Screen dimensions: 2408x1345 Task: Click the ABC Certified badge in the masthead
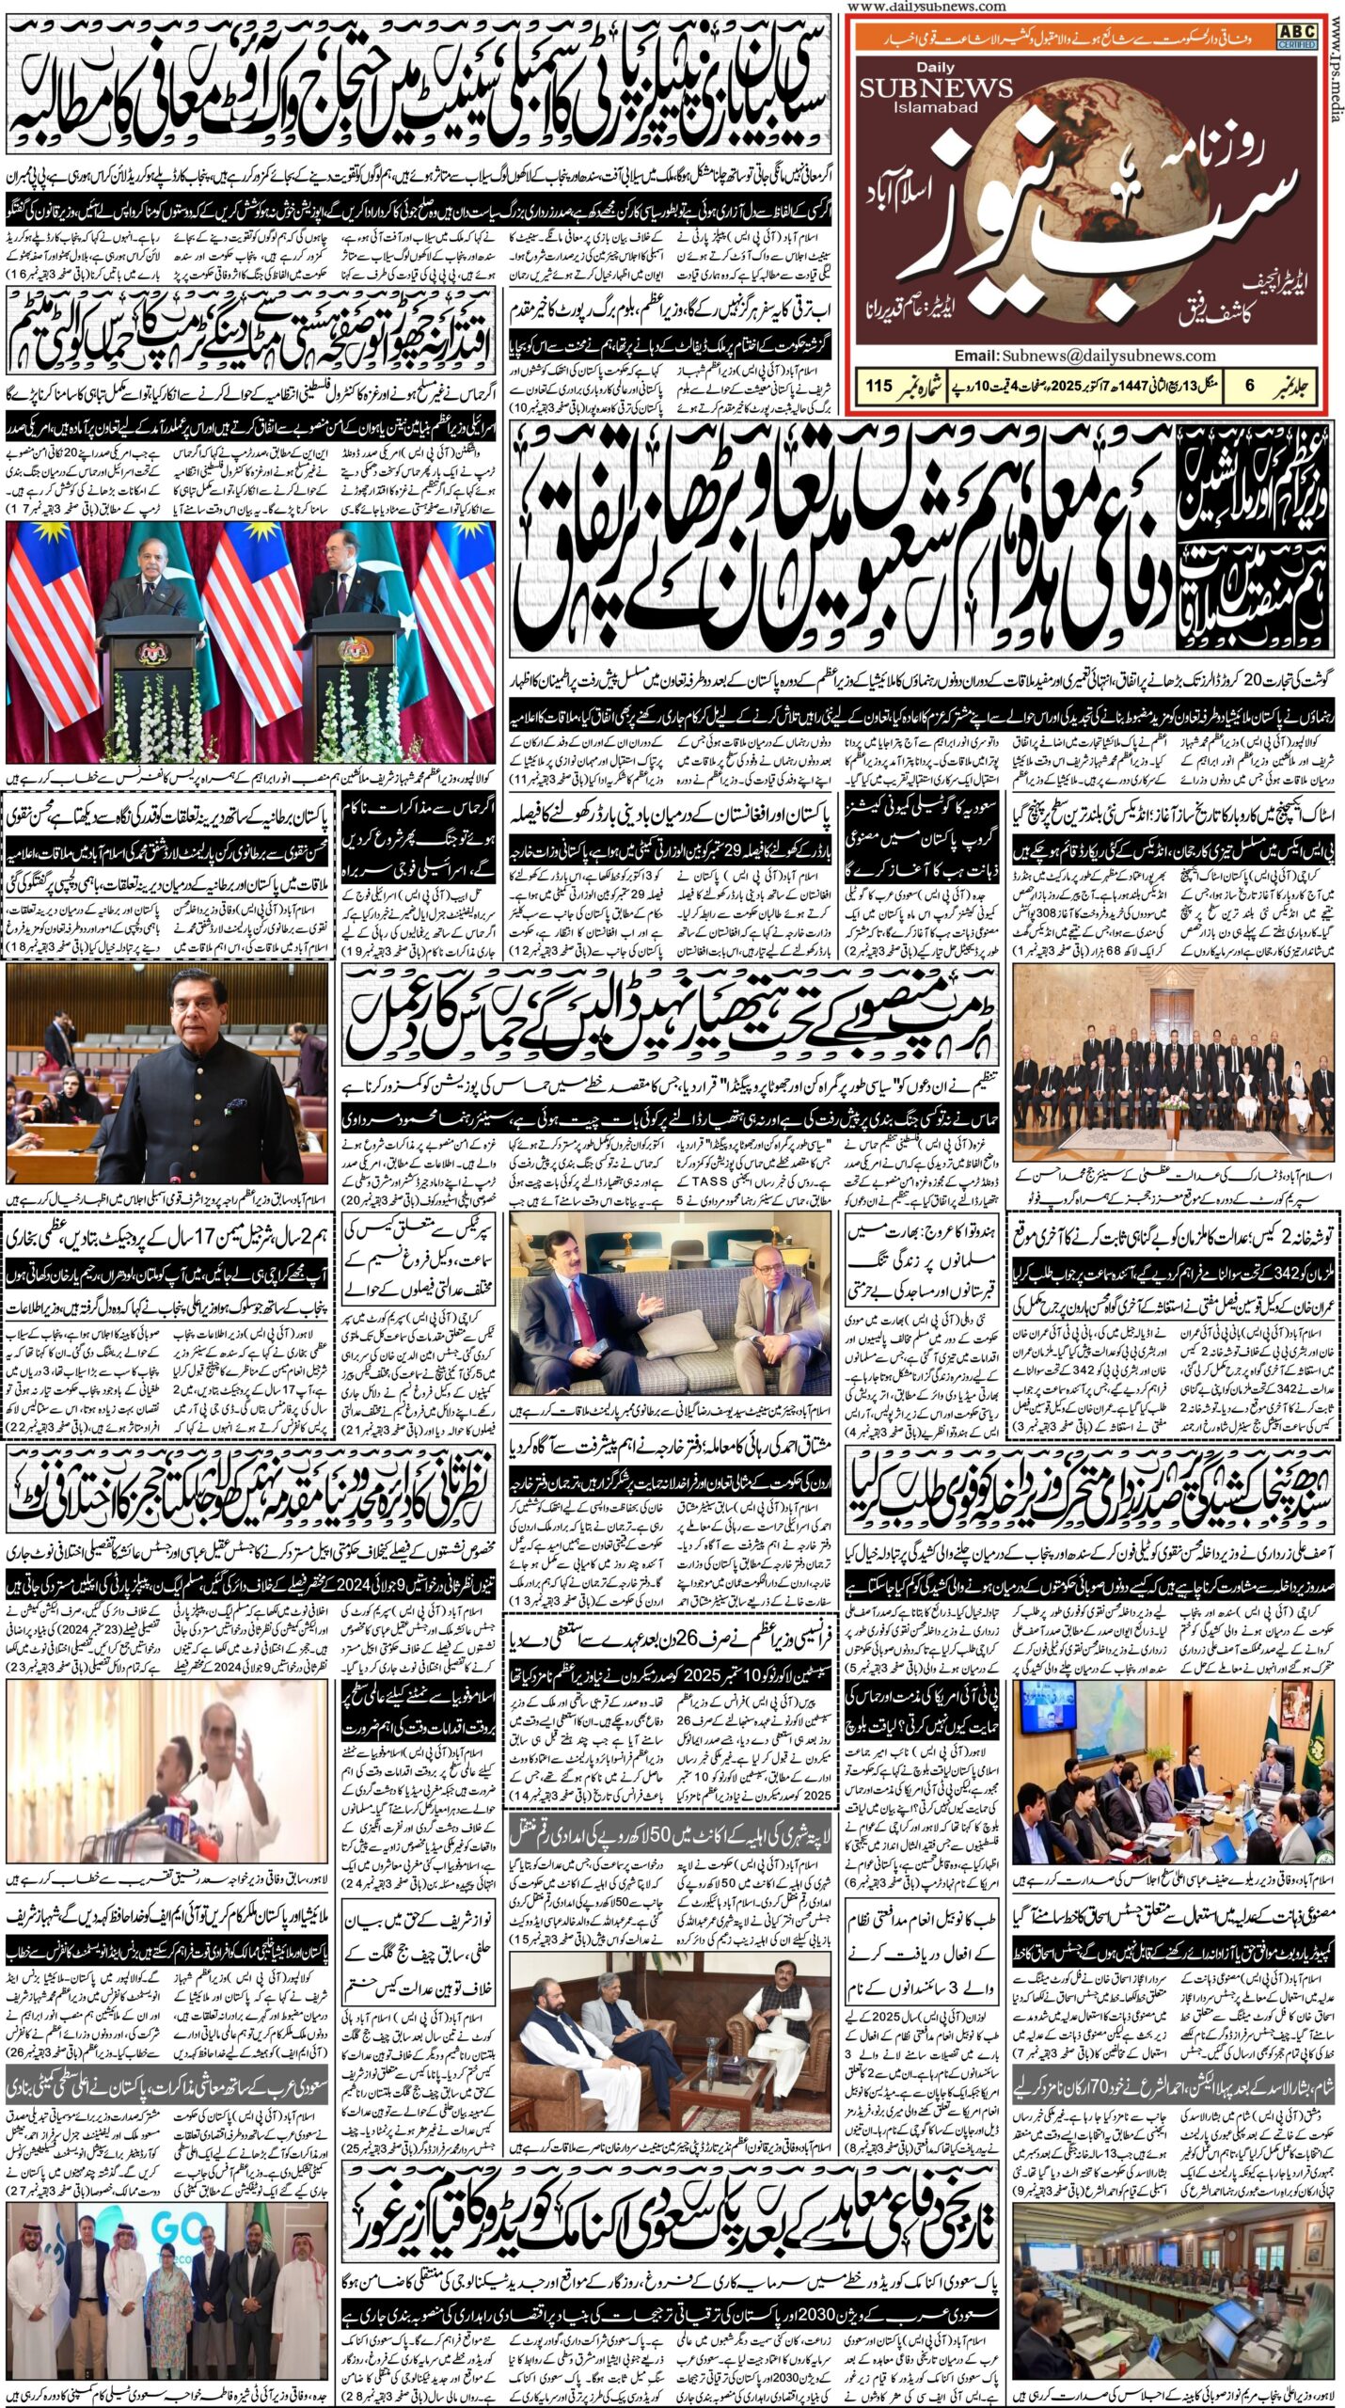coord(1296,35)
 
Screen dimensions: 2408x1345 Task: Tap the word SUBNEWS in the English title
coord(936,89)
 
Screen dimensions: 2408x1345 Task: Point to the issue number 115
coord(878,385)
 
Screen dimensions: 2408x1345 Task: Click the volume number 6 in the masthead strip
coord(1248,385)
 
